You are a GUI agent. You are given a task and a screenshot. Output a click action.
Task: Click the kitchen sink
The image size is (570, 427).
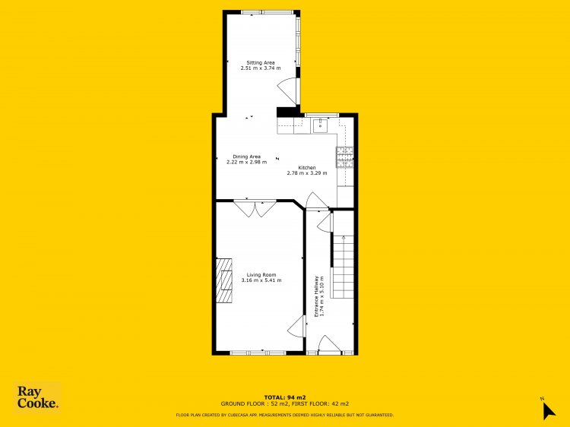[320, 125]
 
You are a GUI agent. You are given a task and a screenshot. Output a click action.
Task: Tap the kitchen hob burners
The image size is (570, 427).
[344, 157]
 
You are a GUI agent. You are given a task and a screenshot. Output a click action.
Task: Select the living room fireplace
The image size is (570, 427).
[224, 280]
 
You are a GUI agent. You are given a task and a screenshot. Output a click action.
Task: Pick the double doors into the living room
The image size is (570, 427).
[255, 209]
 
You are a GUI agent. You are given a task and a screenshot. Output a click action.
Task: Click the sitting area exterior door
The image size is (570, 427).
[288, 92]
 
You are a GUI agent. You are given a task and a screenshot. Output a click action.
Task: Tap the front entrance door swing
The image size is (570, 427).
[329, 344]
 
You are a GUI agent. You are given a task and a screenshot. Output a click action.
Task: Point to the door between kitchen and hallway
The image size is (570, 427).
[317, 201]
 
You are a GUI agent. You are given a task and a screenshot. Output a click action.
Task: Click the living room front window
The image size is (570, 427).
[258, 353]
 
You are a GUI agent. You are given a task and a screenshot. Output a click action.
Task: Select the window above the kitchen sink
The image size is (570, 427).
[321, 115]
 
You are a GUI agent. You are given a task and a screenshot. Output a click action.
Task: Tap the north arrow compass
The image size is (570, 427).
[548, 410]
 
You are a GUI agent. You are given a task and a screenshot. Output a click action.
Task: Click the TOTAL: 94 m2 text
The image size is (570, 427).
[285, 397]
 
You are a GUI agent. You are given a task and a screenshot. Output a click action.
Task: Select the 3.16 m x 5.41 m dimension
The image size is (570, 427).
[261, 280]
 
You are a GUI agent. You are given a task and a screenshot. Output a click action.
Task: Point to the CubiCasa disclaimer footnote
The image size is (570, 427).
[285, 415]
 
